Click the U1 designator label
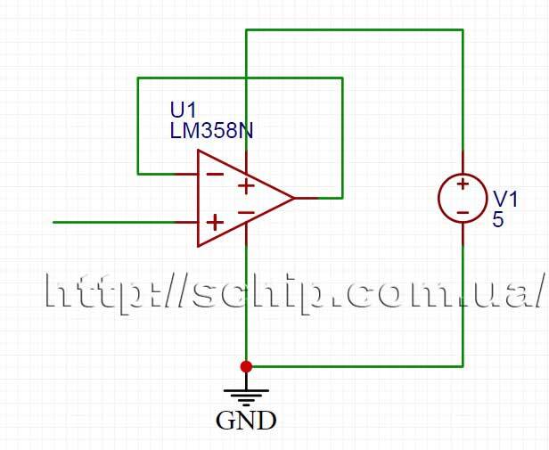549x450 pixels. (183, 110)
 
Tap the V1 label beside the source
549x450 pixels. (504, 198)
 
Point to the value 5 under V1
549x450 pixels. (498, 219)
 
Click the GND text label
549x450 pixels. (246, 421)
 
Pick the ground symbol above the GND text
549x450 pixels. (246, 392)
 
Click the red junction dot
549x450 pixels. (246, 365)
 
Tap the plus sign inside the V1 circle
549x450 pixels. (463, 184)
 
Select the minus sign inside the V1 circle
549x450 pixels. (463, 212)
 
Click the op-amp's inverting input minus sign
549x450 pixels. (215, 174)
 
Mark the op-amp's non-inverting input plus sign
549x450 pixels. (215, 222)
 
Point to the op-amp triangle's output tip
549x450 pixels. (294, 198)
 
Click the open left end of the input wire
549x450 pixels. (54, 222)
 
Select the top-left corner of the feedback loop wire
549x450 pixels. (138, 78)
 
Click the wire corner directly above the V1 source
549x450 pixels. (463, 30)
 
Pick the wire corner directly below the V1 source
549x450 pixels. (463, 365)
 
